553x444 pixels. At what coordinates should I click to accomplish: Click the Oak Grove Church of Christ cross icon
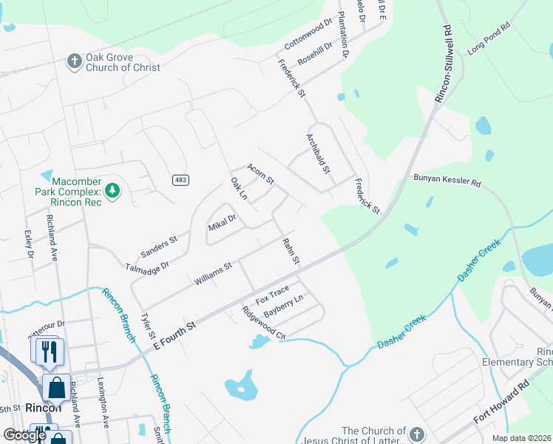coord(74,61)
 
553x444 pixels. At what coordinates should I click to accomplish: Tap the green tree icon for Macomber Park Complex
coord(112,192)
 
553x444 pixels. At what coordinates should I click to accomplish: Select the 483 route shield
coord(180,180)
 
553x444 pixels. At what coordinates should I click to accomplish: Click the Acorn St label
coord(260,175)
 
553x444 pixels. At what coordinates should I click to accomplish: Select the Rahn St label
coord(291,251)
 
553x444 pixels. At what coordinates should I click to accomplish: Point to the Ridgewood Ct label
coord(264,323)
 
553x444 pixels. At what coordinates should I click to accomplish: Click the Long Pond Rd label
coord(489,38)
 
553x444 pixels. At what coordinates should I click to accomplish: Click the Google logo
coord(24,435)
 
